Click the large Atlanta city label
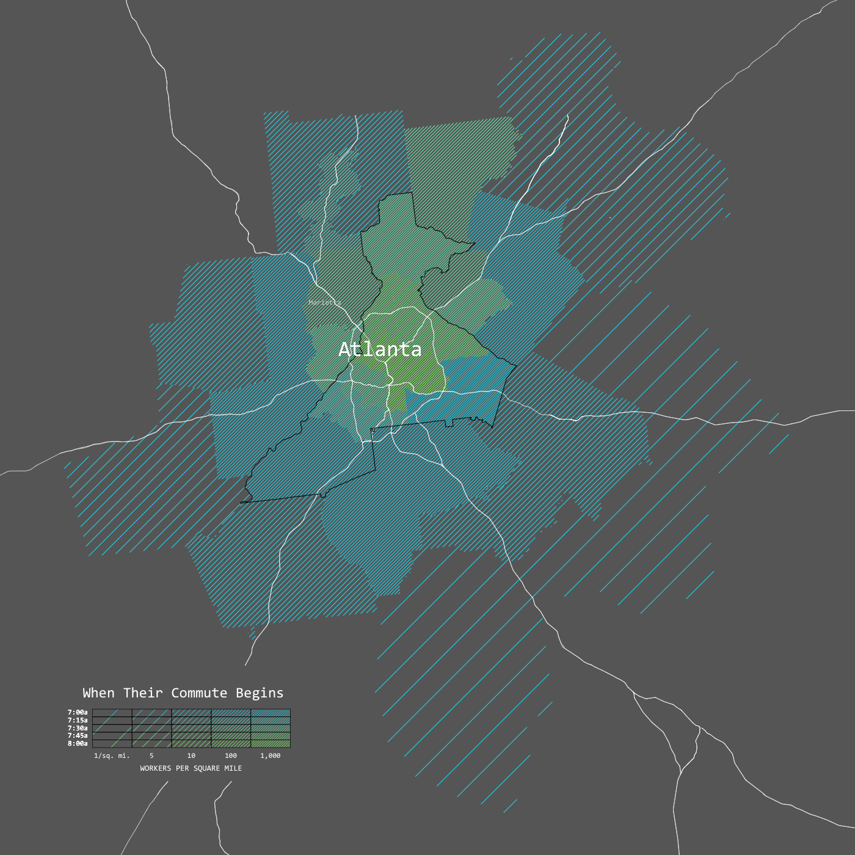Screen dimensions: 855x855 pos(380,349)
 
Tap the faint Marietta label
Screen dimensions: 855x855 pos(324,302)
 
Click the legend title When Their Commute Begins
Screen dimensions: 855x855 pos(183,693)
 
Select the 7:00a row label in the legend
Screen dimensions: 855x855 pos(78,712)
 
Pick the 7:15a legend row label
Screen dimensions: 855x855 pos(78,720)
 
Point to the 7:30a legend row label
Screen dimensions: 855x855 pos(78,728)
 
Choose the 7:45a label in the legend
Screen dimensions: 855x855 pos(78,736)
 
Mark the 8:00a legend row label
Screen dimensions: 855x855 pos(78,744)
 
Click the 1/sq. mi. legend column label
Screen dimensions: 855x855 pos(112,756)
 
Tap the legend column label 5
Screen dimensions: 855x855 pos(151,756)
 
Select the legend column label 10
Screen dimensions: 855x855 pos(191,756)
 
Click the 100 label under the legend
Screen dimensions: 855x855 pos(231,756)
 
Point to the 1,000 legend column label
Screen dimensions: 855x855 pos(271,756)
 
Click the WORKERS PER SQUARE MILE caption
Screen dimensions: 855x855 pos(191,768)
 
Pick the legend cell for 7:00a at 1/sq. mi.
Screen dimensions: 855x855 pos(112,713)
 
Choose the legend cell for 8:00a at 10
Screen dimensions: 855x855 pos(191,744)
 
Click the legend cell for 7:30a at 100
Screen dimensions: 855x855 pos(231,729)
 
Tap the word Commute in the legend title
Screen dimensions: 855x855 pos(199,693)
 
